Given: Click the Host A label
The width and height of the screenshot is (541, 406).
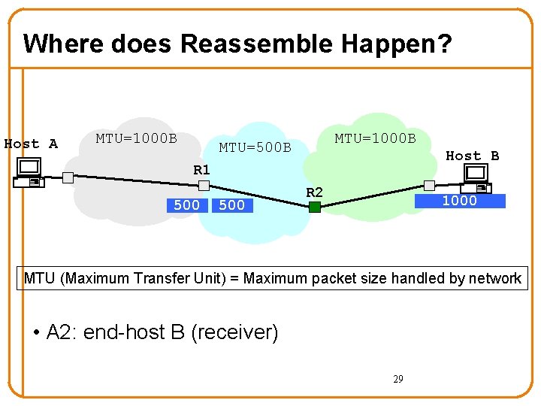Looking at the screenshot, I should [31, 144].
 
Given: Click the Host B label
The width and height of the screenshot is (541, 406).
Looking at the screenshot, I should [472, 156].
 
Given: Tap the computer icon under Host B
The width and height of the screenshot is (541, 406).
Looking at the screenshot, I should [476, 176].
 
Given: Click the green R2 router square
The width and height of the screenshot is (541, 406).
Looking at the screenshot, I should [315, 206].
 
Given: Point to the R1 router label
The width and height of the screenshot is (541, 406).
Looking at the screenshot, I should [201, 170].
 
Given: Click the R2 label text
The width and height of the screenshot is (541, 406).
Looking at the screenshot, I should [314, 192].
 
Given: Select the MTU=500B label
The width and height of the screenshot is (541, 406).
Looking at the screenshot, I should [255, 147].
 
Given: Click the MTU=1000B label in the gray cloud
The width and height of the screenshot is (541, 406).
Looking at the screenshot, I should [136, 138].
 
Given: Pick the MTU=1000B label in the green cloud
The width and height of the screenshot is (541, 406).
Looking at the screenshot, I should [375, 138].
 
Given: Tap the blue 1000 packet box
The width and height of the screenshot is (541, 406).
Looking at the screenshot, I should [460, 201].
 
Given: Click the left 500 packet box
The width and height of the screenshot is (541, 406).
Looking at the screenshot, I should [186, 205].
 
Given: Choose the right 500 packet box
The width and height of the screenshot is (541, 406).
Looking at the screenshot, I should [231, 205].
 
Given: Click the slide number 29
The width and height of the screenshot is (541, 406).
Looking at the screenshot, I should [397, 379].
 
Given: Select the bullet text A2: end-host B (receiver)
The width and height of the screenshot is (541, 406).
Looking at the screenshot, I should [162, 332].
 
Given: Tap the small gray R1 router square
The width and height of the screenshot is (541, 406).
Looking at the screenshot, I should [204, 185].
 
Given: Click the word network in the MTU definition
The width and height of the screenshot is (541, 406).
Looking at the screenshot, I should [495, 278].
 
